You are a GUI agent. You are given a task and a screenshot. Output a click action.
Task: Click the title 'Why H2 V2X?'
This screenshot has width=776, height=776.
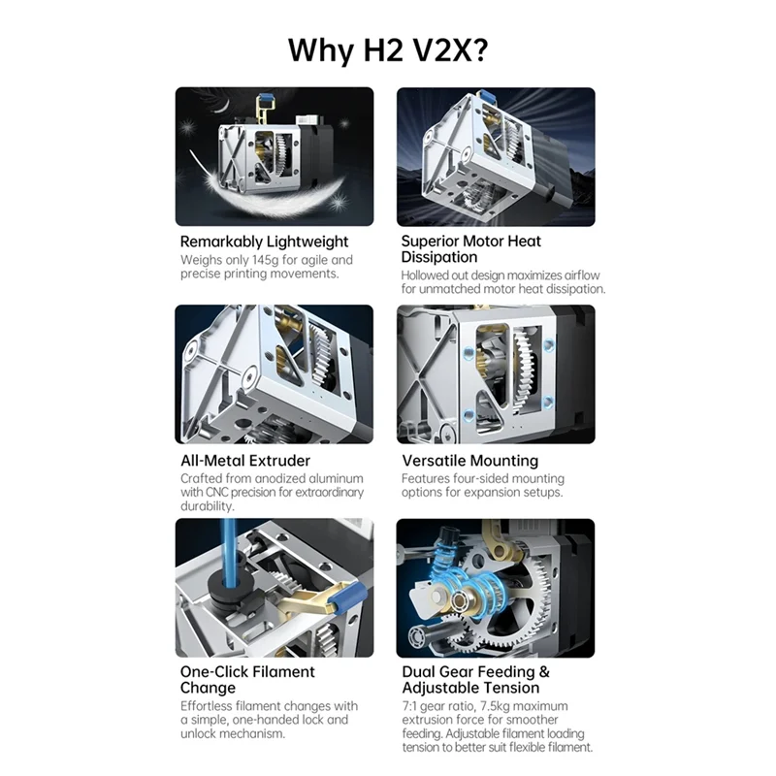click(x=387, y=49)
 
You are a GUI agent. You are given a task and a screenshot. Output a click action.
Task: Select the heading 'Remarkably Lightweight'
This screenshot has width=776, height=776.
click(x=264, y=242)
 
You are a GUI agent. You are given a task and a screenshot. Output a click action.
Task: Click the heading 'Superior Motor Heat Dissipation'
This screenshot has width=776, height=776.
click(x=471, y=248)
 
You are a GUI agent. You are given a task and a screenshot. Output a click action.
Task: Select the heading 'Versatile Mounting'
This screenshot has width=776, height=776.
click(x=469, y=461)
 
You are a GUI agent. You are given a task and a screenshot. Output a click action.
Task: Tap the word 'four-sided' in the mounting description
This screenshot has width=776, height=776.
click(x=482, y=479)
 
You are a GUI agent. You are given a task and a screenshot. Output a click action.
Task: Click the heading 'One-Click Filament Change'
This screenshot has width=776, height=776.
click(x=247, y=679)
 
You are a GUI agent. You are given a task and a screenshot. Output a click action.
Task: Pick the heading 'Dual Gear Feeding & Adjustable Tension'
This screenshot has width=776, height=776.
click(x=475, y=679)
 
